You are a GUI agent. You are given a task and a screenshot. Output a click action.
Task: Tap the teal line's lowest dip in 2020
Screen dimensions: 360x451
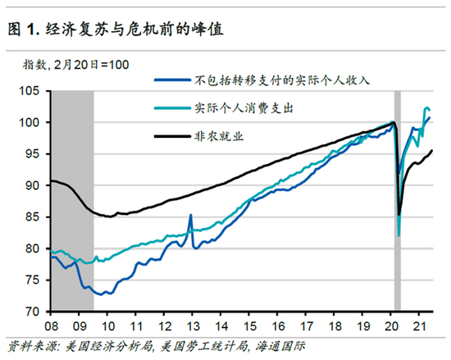point(399,235)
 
